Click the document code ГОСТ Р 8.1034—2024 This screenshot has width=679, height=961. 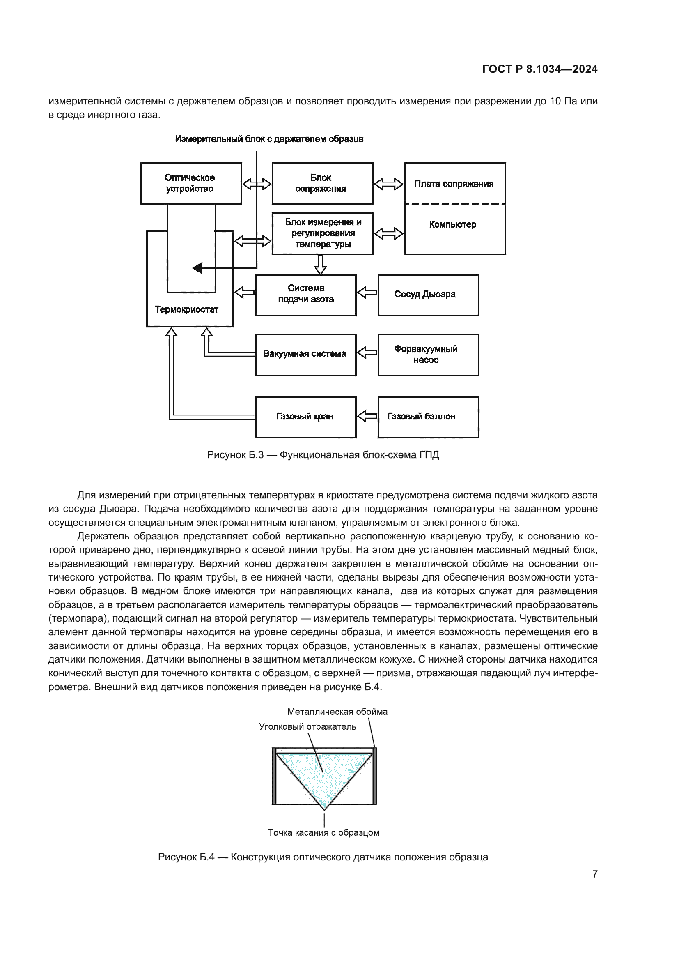point(539,69)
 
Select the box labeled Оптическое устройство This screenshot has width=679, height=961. point(191,183)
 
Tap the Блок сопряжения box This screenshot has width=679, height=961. point(322,183)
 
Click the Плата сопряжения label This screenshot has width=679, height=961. point(454,184)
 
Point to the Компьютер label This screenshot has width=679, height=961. point(453,225)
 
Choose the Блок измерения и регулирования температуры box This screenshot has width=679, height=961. point(322,233)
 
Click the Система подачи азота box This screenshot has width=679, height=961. point(306,295)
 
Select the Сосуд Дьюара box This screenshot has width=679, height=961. point(428,295)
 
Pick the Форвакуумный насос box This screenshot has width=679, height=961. point(428,355)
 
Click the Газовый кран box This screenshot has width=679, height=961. point(306,417)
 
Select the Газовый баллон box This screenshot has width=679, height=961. point(428,417)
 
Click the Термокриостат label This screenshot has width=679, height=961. point(186,310)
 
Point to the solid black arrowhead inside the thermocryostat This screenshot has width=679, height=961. point(197,268)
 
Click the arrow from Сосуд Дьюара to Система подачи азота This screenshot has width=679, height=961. point(367,292)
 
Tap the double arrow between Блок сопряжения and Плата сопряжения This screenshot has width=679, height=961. point(388,184)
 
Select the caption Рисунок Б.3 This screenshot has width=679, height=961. point(323,455)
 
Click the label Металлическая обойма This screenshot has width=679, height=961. point(337,712)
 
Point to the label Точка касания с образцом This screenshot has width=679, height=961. point(323,832)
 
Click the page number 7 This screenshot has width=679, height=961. point(594,874)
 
